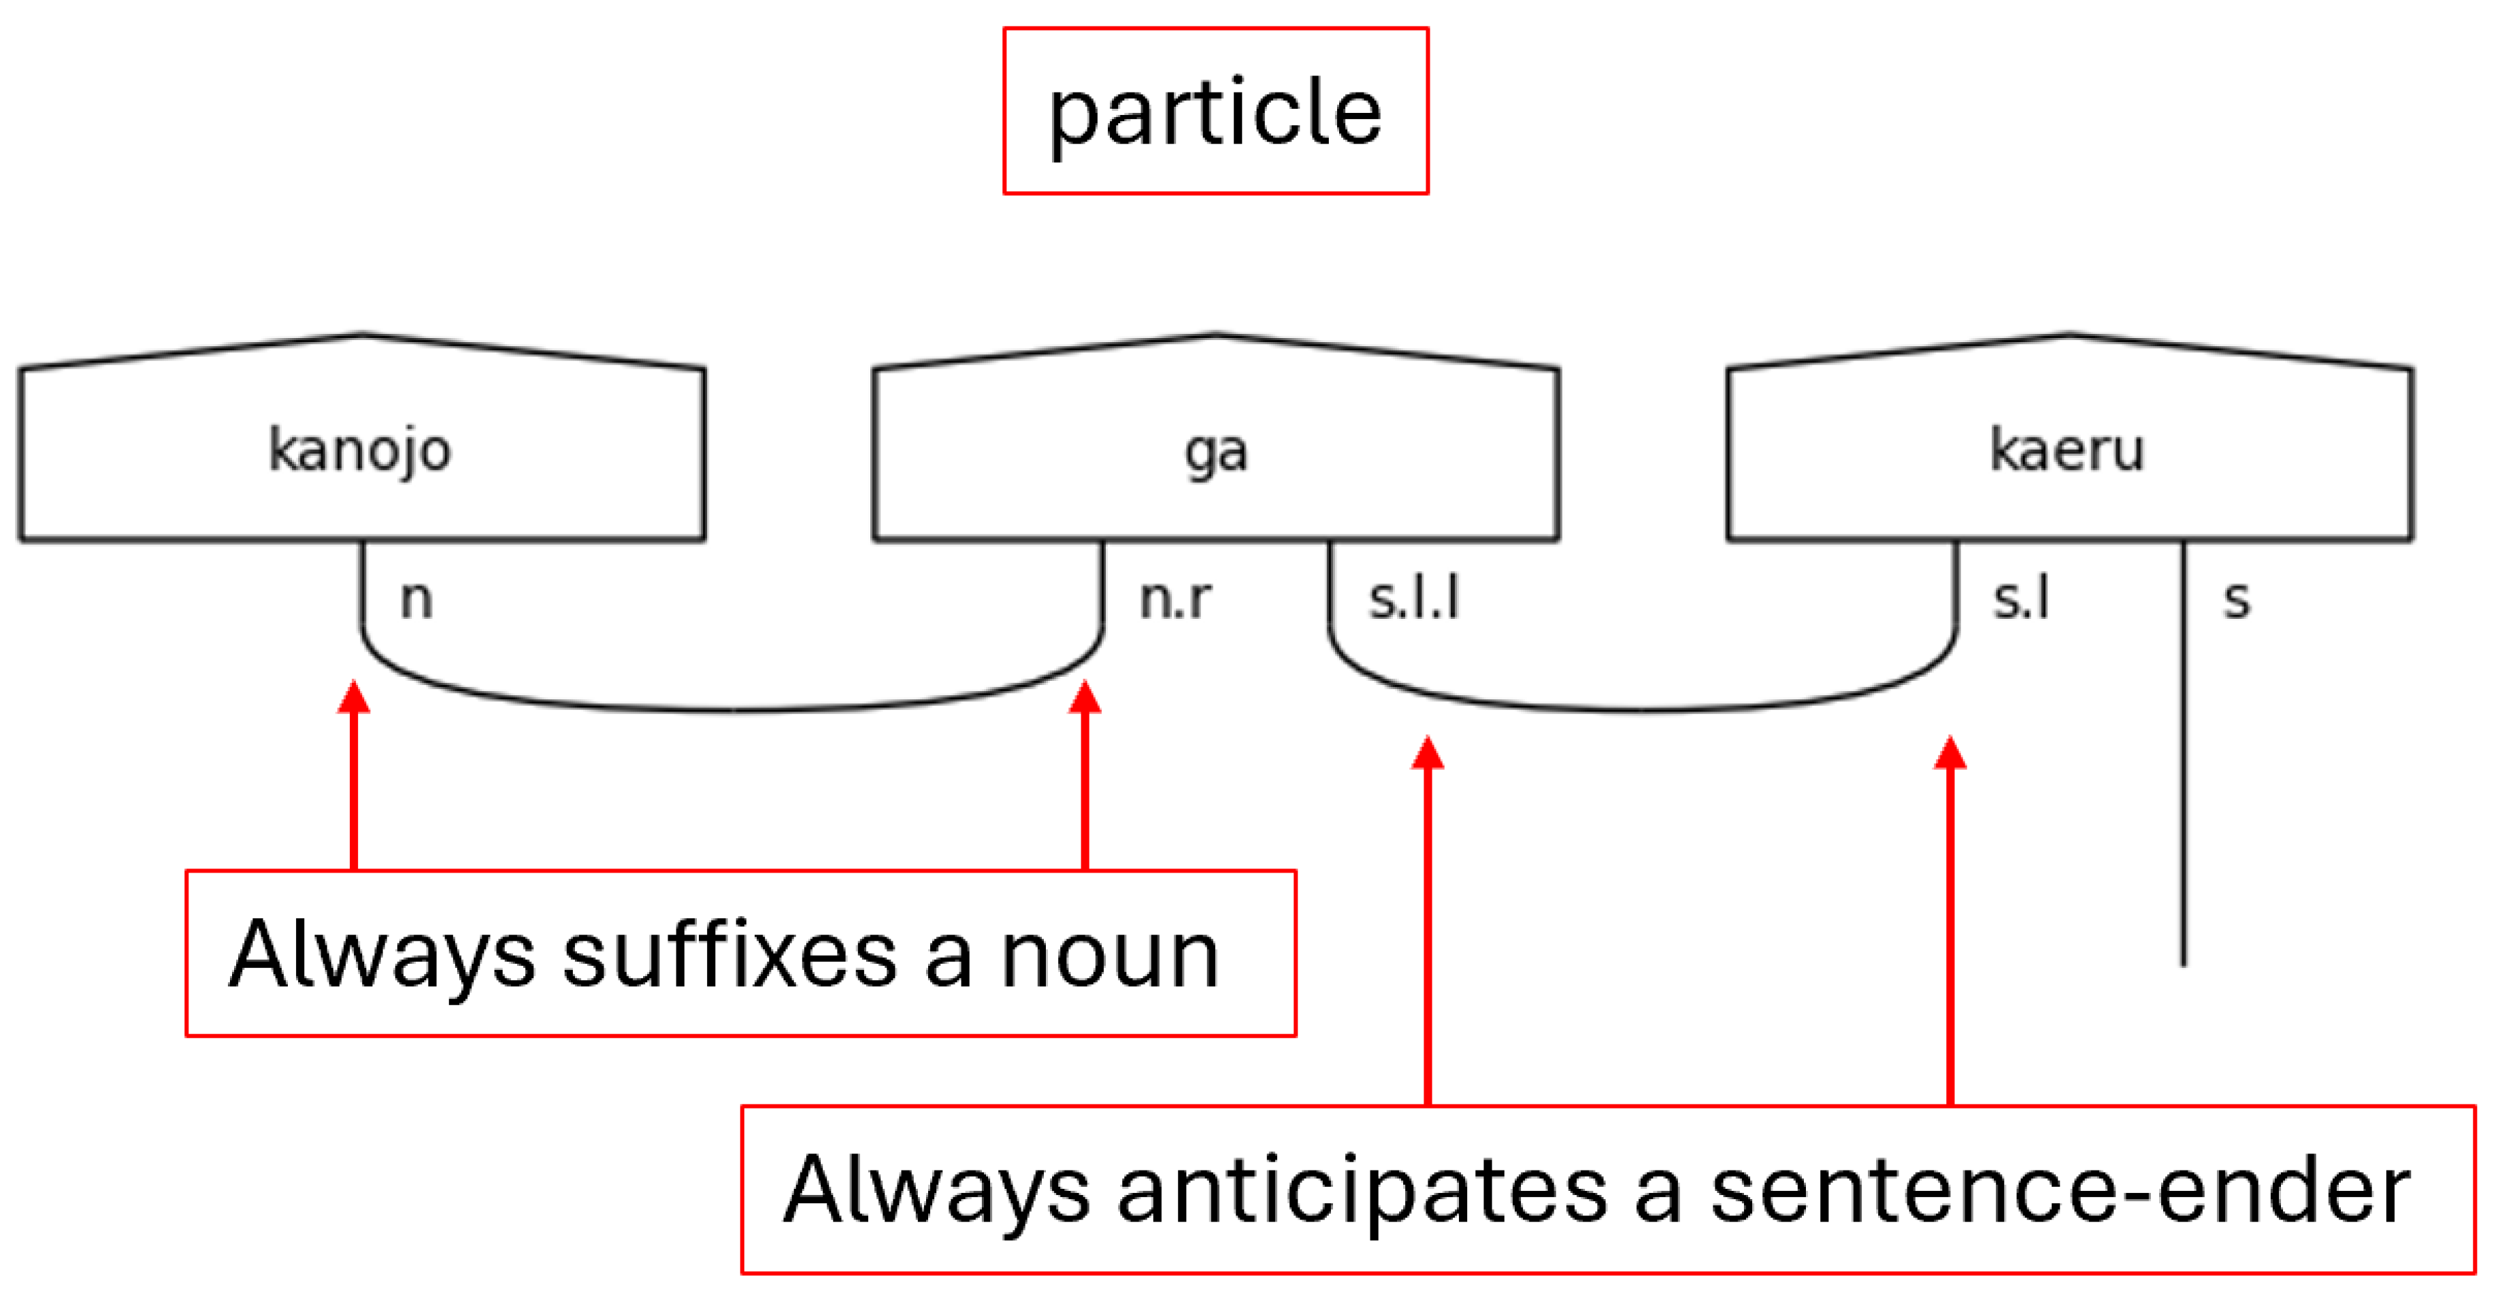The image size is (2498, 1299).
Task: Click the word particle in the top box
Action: (x=1215, y=114)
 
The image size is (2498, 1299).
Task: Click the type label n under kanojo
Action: (x=417, y=599)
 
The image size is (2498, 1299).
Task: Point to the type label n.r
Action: (x=1174, y=599)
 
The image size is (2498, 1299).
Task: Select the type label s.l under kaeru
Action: (x=2022, y=599)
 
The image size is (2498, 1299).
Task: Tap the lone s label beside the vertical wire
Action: (x=2236, y=599)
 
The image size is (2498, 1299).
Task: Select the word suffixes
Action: (x=729, y=956)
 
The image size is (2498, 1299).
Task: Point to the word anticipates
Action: (x=1362, y=1190)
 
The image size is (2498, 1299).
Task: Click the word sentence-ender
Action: (x=2060, y=1190)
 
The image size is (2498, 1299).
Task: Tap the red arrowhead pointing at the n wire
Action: (x=354, y=698)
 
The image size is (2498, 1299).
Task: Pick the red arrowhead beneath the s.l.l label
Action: (x=1428, y=754)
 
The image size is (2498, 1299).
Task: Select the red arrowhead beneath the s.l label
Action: (x=1950, y=754)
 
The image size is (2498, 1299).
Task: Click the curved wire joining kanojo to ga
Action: (x=732, y=709)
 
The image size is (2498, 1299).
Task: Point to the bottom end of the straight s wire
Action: (x=2184, y=962)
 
